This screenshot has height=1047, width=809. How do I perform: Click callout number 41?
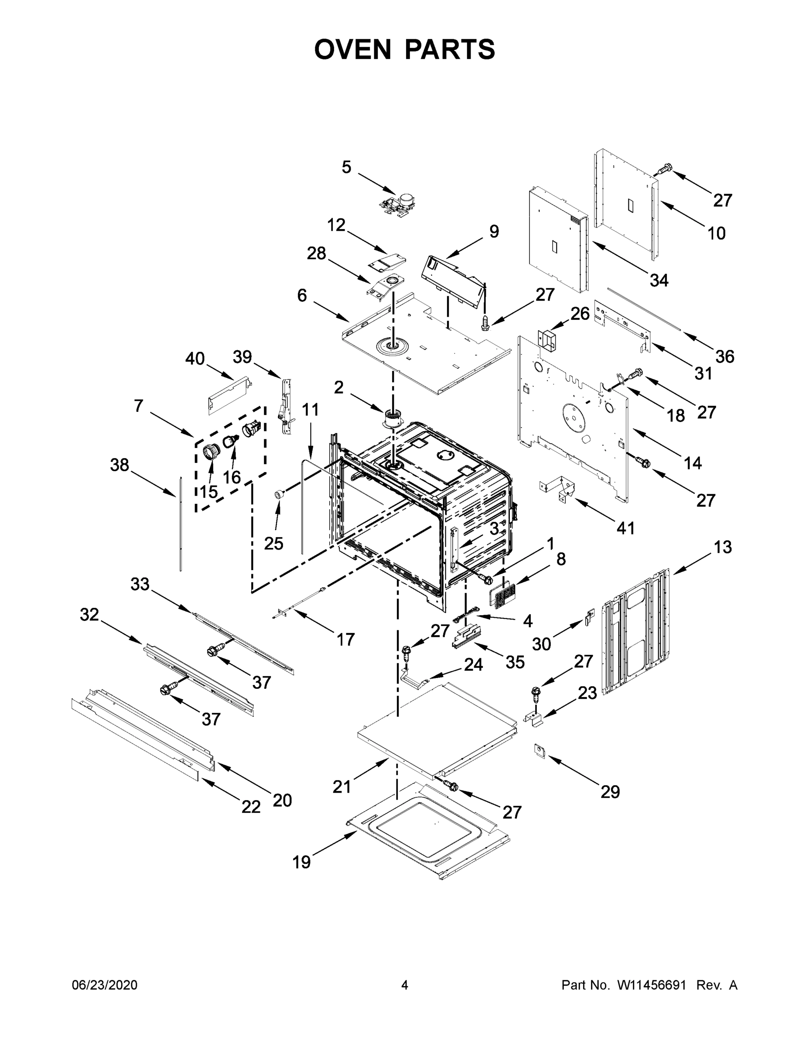point(625,528)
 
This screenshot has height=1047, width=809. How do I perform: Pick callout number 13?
point(722,547)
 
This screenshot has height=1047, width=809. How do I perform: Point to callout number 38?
point(119,465)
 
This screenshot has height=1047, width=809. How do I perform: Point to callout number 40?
point(195,358)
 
